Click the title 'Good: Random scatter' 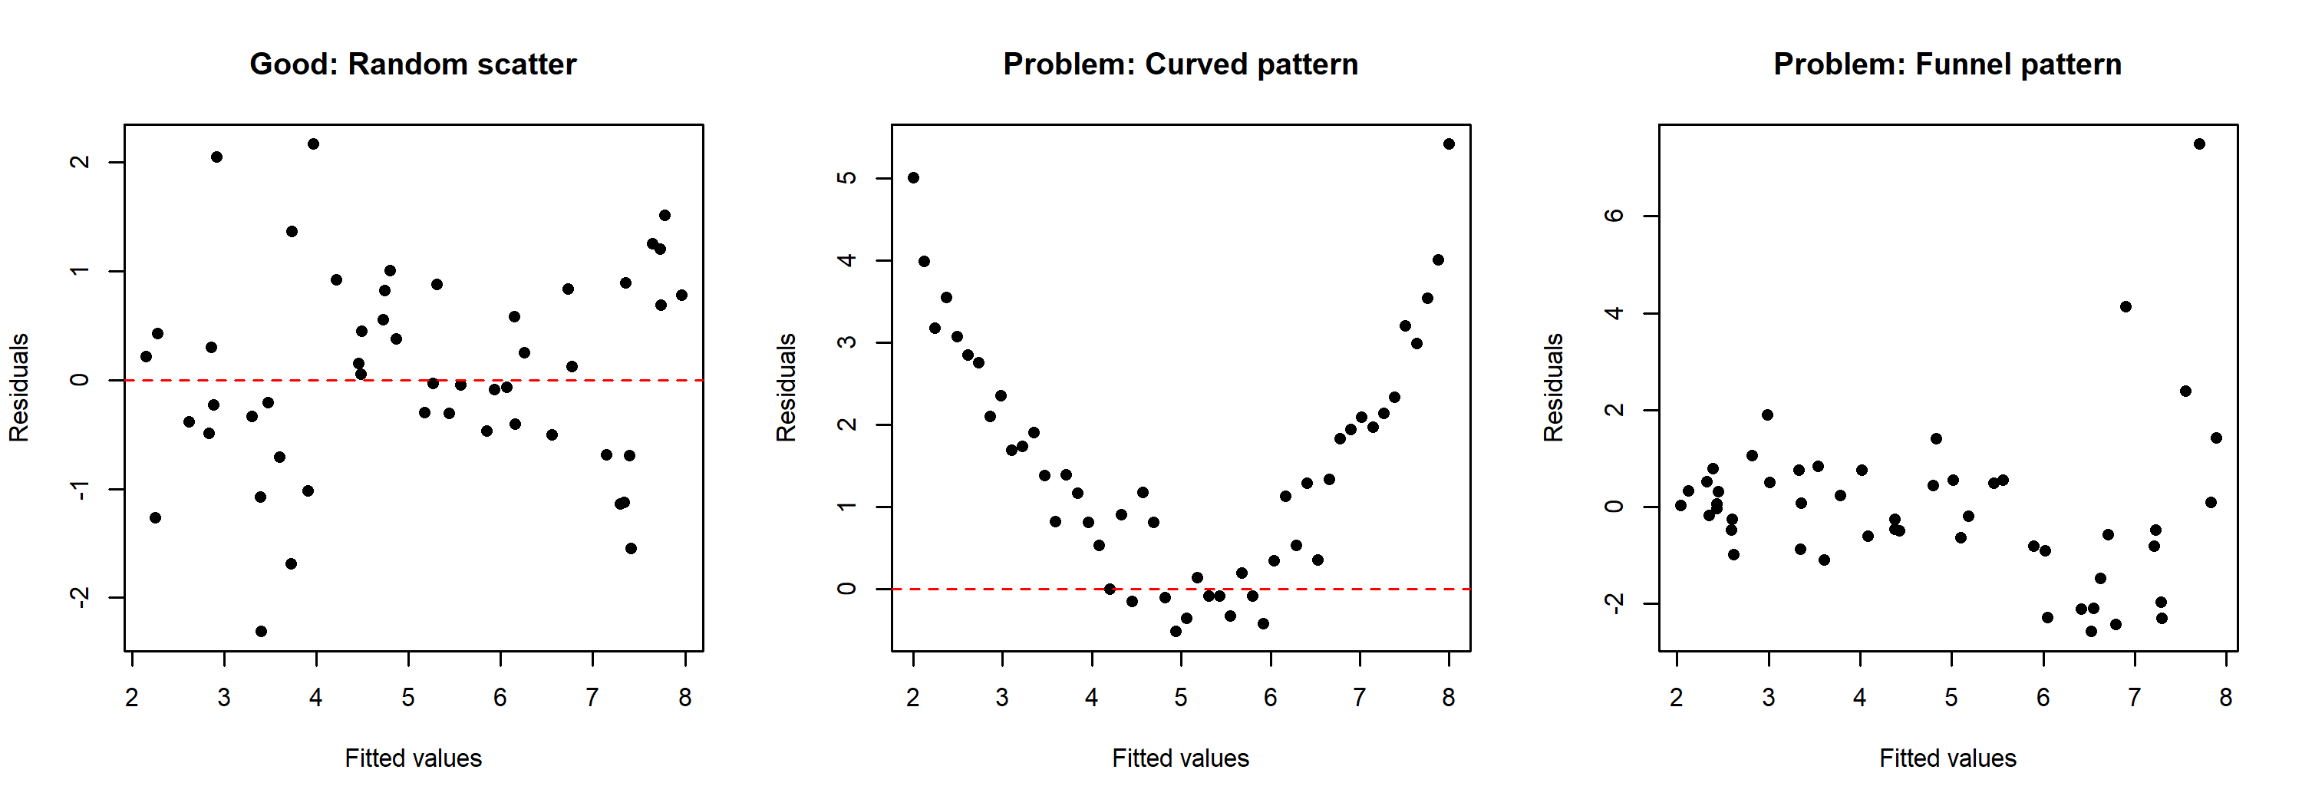(x=413, y=64)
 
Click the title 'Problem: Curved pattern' (x=1180, y=64)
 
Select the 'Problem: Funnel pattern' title (x=1947, y=64)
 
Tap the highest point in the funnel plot (x=2199, y=144)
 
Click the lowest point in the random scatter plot (x=261, y=631)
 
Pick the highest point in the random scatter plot (x=313, y=144)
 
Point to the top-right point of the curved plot (x=1449, y=144)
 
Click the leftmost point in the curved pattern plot (x=913, y=178)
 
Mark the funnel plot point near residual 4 (x=2125, y=306)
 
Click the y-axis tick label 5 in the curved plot (x=846, y=178)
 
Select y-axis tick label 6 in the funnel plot (x=1613, y=216)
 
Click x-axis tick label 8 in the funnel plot (x=2225, y=697)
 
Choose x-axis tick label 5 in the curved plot (x=1180, y=697)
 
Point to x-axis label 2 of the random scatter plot (x=132, y=697)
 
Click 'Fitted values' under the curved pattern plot (x=1180, y=758)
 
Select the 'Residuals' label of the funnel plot (x=1553, y=387)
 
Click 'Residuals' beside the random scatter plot (x=18, y=387)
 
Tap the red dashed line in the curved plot (x=1341, y=589)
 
